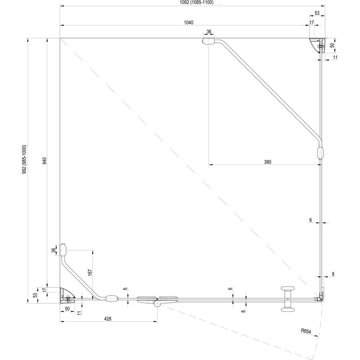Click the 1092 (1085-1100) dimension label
(197, 3)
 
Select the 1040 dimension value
(189, 22)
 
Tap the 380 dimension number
(267, 162)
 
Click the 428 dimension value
(107, 319)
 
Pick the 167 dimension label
(90, 273)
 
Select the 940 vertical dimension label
(45, 161)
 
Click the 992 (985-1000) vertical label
(24, 159)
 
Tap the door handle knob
(288, 299)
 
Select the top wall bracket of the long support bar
(208, 41)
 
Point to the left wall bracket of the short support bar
(63, 249)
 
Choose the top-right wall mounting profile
(317, 45)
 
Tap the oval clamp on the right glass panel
(320, 153)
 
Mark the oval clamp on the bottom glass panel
(112, 299)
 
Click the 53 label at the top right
(317, 13)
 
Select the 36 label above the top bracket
(209, 32)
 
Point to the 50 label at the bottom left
(67, 309)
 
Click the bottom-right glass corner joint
(321, 298)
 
